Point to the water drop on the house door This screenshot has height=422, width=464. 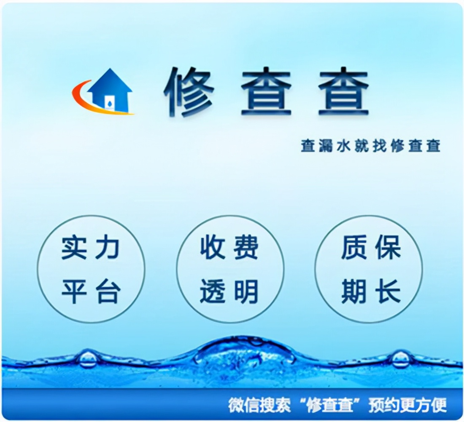coord(110,102)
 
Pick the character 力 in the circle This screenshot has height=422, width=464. coord(108,248)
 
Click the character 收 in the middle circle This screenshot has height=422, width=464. coord(213,248)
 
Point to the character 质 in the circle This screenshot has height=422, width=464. coord(353,248)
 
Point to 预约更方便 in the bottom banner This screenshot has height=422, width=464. coord(407,405)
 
